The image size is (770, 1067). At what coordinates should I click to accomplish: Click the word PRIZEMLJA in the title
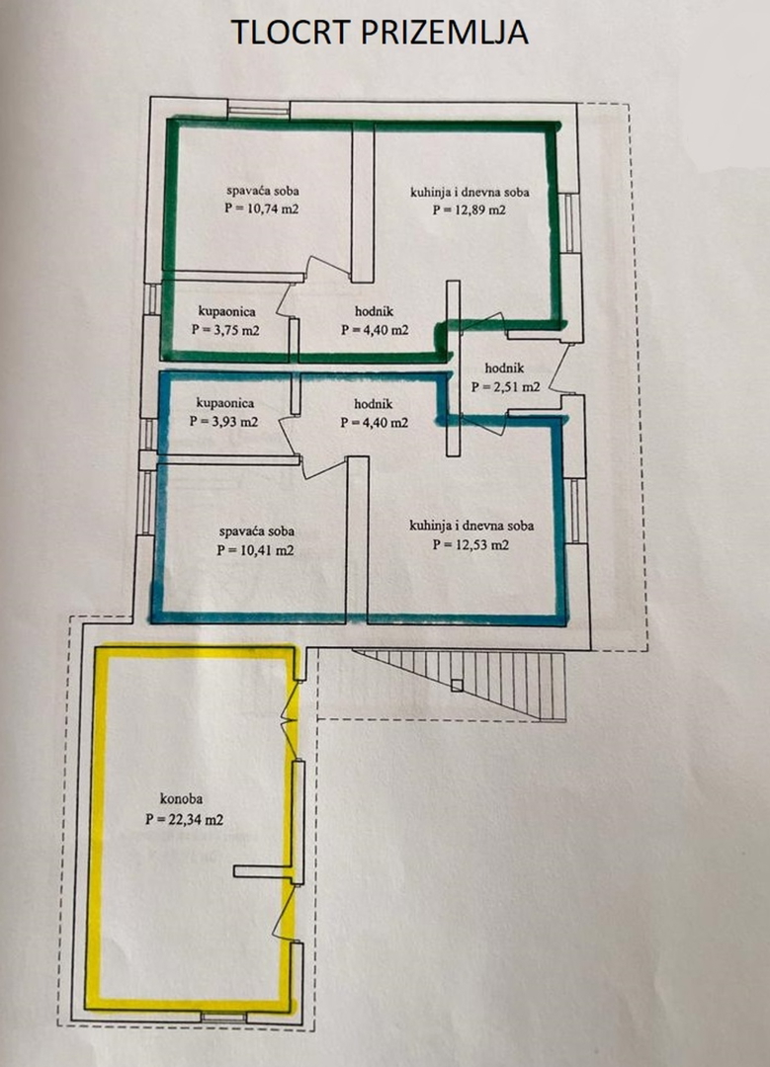(x=445, y=32)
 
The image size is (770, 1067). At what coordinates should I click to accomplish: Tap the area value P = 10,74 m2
(x=262, y=208)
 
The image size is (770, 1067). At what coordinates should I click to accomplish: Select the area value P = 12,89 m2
(x=470, y=209)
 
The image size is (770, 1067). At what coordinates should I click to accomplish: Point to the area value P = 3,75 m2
(x=225, y=330)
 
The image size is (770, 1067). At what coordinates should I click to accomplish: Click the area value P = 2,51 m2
(x=506, y=386)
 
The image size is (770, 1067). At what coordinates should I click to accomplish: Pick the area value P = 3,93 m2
(x=224, y=421)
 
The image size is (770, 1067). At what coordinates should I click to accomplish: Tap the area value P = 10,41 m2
(x=255, y=550)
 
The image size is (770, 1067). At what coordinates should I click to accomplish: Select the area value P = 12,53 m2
(x=471, y=544)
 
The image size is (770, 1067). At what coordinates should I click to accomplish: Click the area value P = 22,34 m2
(x=185, y=819)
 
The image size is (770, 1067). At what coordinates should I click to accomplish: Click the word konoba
(x=181, y=799)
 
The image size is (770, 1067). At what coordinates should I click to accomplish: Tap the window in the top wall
(x=259, y=110)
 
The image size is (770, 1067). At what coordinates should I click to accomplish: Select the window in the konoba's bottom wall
(x=224, y=1018)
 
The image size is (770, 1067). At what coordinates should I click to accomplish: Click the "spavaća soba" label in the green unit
(x=262, y=192)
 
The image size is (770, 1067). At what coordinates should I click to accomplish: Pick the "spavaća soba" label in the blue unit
(x=256, y=532)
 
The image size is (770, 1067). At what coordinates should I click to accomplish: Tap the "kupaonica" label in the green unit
(x=226, y=311)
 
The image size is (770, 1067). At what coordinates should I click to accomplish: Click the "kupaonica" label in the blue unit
(x=224, y=403)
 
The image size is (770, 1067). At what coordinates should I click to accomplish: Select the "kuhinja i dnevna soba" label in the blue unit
(x=471, y=526)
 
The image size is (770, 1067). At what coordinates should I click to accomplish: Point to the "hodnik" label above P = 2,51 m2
(x=504, y=369)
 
